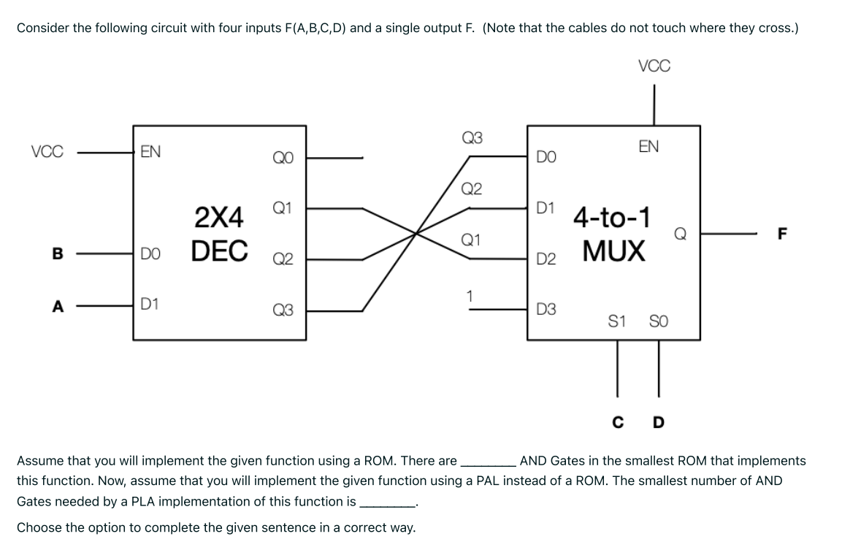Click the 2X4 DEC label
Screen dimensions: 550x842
[x=218, y=233]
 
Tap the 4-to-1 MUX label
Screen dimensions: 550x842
[x=613, y=234]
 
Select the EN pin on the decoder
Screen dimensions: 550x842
[x=150, y=152]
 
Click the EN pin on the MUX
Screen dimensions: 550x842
[x=648, y=147]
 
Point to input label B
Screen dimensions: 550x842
[x=57, y=254]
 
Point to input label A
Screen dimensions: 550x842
[x=57, y=306]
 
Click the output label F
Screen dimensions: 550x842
[x=784, y=234]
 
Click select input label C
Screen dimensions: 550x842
[x=618, y=421]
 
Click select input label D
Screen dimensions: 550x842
[x=659, y=421]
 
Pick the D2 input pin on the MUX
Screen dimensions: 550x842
[x=546, y=259]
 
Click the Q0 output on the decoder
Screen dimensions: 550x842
[x=283, y=156]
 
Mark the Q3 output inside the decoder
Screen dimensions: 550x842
[x=283, y=310]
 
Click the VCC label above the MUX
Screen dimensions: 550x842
[x=654, y=66]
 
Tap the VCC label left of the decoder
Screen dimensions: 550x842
[x=47, y=153]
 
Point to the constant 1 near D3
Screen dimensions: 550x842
[x=471, y=296]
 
